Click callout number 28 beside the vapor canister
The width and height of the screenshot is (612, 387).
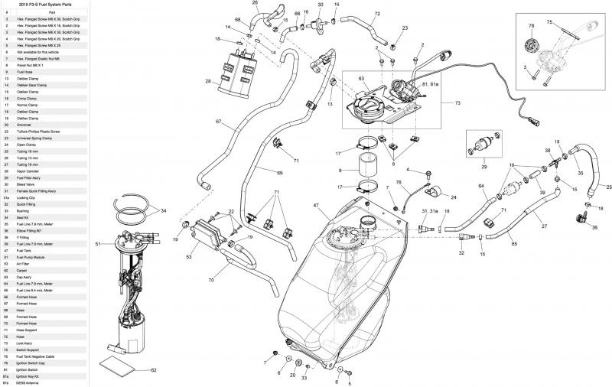pos(208,81)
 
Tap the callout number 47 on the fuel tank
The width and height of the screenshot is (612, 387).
pos(315,207)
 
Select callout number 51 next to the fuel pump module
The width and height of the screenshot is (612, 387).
pos(98,244)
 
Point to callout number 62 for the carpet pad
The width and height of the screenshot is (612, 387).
pos(153,370)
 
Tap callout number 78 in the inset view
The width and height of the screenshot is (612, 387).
pos(531,26)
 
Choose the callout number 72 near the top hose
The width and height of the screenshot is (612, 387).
pos(377,14)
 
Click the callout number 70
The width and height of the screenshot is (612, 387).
pos(210,281)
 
